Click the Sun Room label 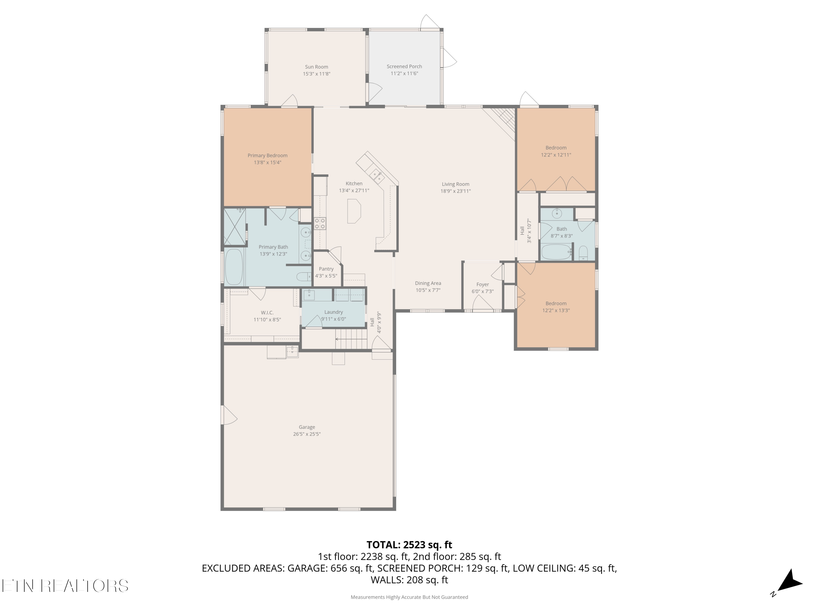click(317, 67)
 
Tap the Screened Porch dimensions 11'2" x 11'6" click(404, 74)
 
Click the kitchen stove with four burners click(320, 223)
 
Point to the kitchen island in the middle click(354, 211)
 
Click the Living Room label click(455, 184)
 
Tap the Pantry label click(326, 269)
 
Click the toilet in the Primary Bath click(304, 276)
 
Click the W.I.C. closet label click(267, 313)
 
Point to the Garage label click(307, 427)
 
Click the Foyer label click(482, 285)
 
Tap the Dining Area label click(428, 284)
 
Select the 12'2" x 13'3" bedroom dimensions click(556, 311)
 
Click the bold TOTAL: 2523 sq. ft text click(409, 545)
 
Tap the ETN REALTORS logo click(65, 586)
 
